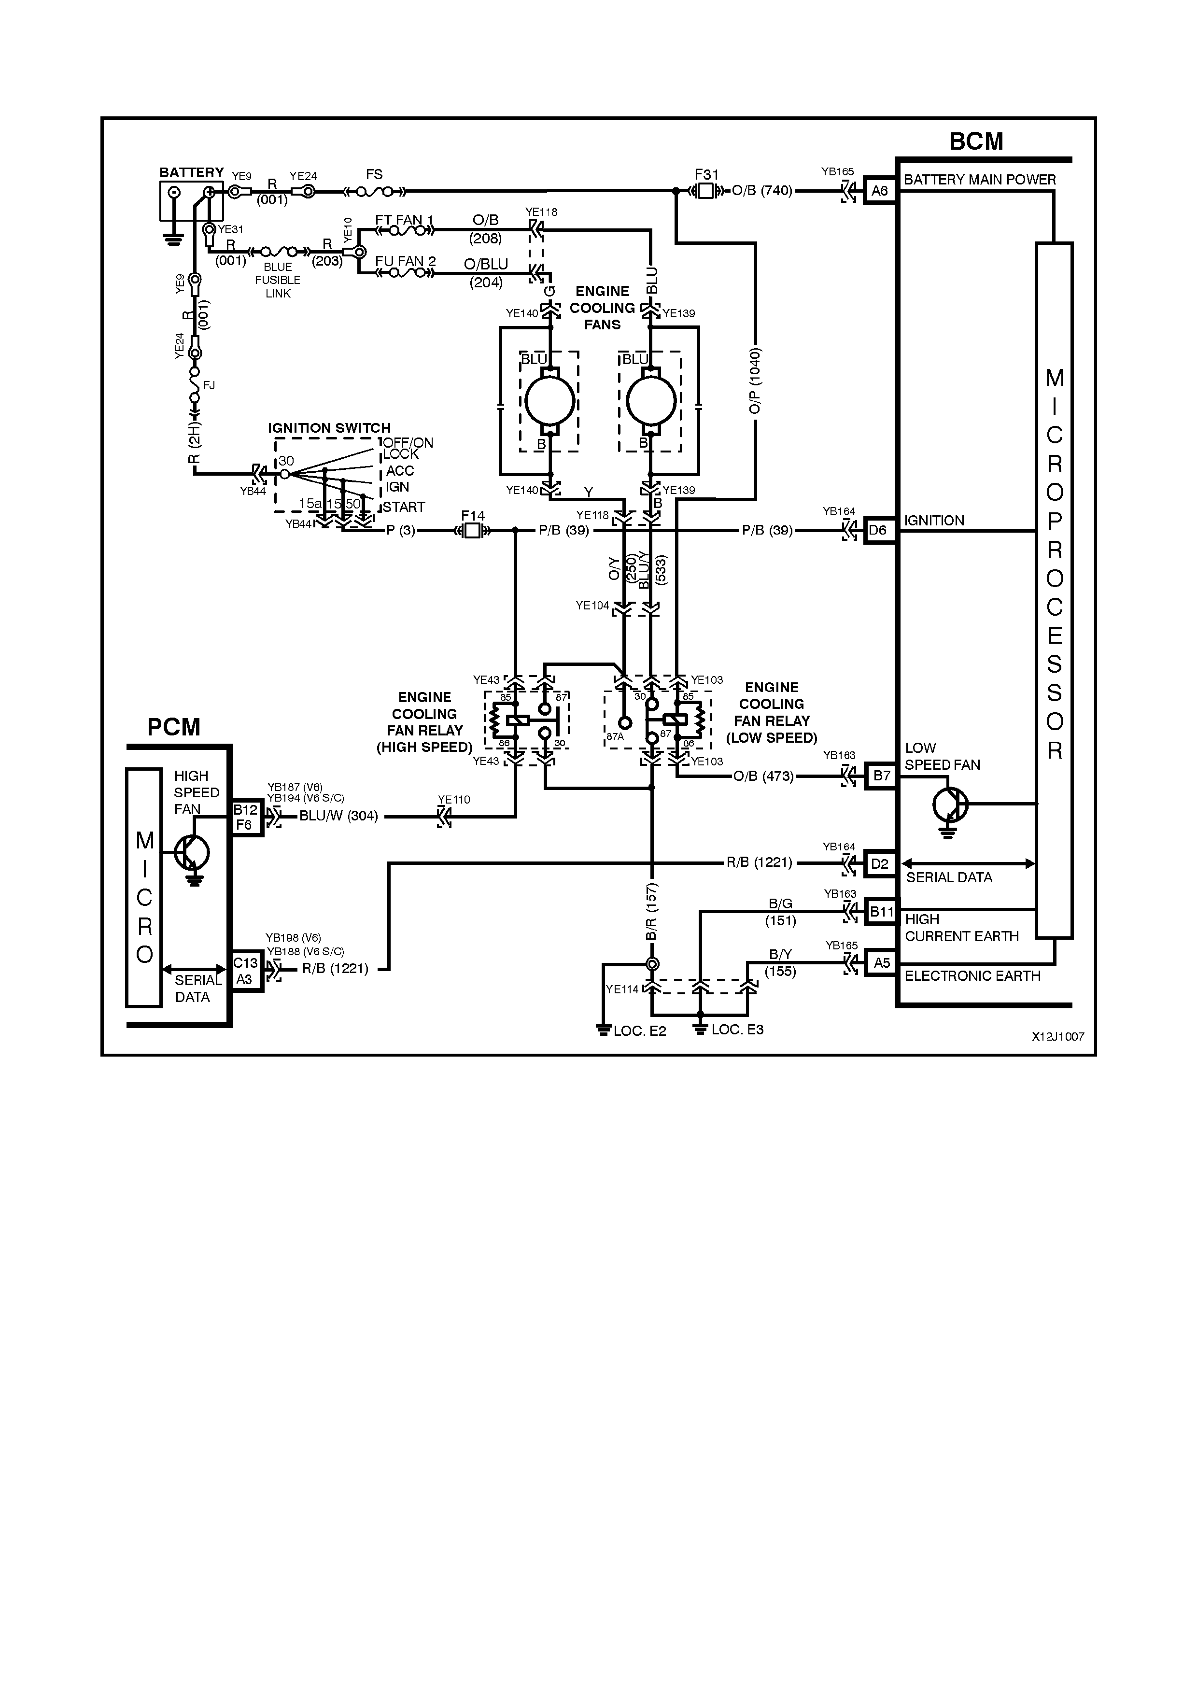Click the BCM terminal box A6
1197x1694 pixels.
click(x=879, y=191)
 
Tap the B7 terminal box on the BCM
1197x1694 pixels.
click(x=881, y=776)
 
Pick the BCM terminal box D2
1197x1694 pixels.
click(x=879, y=863)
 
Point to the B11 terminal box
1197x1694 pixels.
click(x=881, y=912)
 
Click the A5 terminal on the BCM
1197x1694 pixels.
click(x=881, y=963)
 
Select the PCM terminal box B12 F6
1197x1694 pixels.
click(x=246, y=817)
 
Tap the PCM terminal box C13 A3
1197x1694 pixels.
click(x=246, y=971)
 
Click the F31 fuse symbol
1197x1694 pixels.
click(x=706, y=191)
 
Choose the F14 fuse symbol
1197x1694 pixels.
click(x=472, y=531)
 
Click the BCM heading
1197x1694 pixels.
click(x=976, y=141)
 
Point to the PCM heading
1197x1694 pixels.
click(x=173, y=727)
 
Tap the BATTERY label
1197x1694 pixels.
click(x=191, y=173)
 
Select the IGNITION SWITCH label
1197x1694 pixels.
click(x=329, y=428)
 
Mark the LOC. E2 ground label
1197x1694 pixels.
click(x=639, y=1031)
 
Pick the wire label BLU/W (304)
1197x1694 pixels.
click(x=338, y=816)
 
